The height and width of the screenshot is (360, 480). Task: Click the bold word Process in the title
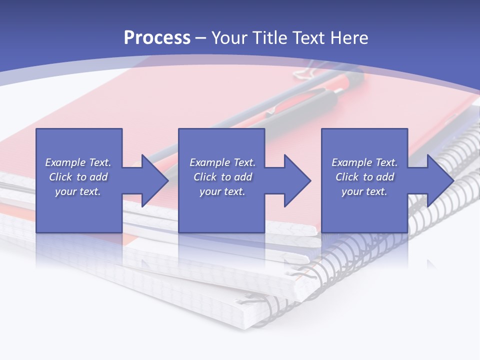(157, 38)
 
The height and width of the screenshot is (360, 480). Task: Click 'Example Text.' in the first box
(78, 162)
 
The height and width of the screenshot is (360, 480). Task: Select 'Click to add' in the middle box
(222, 177)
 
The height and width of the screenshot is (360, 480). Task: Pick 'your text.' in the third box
(364, 191)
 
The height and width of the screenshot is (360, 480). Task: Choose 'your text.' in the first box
(78, 191)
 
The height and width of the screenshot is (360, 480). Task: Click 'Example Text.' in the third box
(364, 162)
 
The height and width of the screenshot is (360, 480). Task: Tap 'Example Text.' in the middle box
(222, 162)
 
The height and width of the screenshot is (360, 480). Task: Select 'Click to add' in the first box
(78, 177)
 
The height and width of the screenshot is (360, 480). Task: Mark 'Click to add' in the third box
(364, 177)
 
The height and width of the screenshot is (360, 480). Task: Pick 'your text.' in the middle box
(222, 191)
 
